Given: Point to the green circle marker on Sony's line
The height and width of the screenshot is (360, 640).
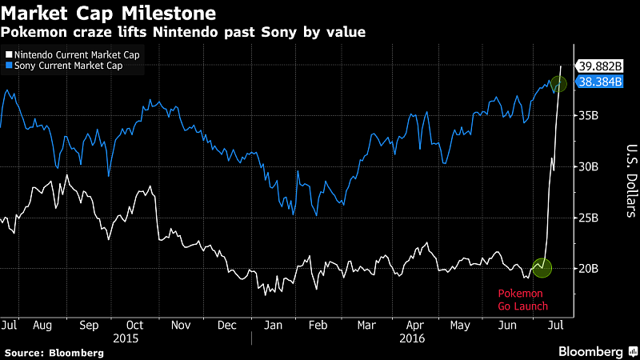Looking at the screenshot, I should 559,83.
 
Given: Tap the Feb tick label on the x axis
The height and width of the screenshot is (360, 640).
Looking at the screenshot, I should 318,326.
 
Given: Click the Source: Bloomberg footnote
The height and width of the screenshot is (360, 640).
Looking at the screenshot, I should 54,352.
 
